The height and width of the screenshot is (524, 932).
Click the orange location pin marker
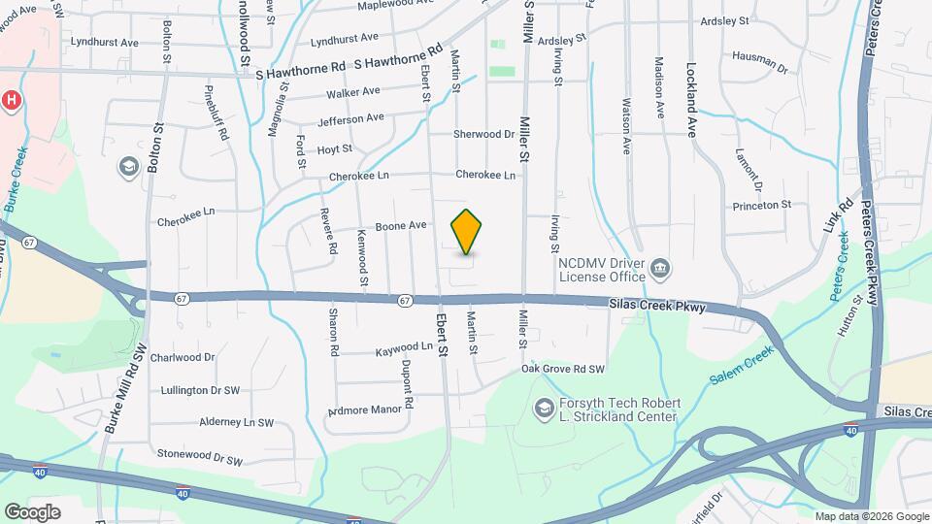(467, 232)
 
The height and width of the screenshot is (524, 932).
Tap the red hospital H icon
(12, 100)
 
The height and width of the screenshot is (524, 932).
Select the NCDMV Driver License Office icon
(660, 266)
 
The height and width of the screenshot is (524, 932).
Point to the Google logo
(32, 512)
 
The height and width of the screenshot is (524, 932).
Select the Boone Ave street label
(402, 226)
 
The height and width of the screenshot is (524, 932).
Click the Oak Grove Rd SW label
(563, 370)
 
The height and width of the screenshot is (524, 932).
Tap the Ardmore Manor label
(365, 409)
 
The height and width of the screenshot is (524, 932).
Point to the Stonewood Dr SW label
(198, 453)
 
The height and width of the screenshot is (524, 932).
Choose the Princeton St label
(762, 206)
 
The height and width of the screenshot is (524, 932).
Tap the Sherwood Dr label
(483, 134)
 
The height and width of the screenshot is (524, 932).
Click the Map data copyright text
(872, 516)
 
